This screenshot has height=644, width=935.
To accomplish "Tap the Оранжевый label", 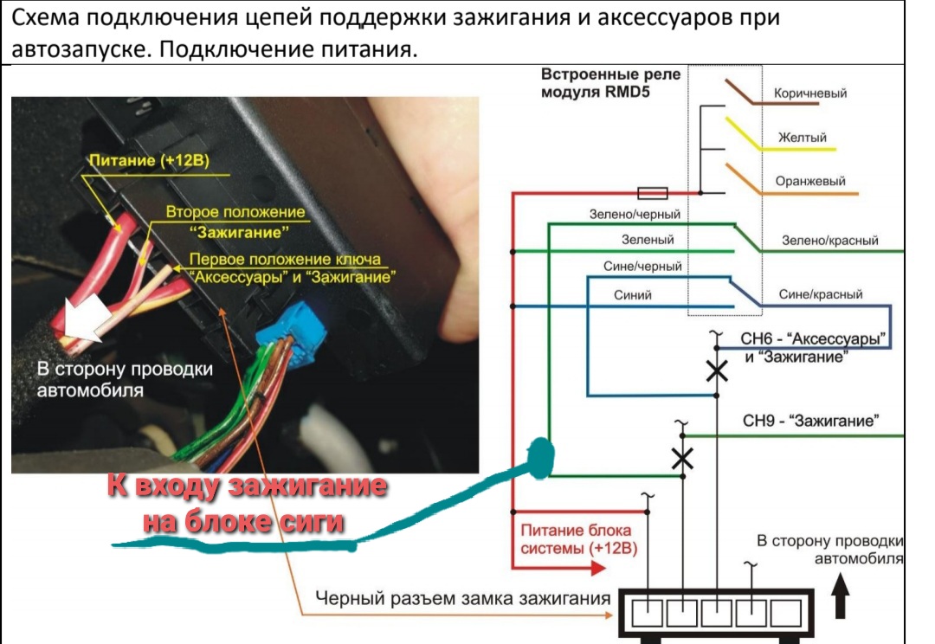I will pos(810,182).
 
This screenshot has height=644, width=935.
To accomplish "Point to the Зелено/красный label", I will pos(829,241).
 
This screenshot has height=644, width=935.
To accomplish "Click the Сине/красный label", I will pos(821,294).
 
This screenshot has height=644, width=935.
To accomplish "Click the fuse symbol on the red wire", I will pos(651,192).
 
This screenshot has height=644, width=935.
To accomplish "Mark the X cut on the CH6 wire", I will pos(717,371).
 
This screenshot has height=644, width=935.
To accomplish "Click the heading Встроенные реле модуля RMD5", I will pos(610,83).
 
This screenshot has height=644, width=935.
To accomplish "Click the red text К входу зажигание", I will pos(247,487).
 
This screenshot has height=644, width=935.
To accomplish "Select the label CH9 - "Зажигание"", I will pos(811,422).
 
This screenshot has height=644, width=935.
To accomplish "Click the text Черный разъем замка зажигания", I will pos(462,598).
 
